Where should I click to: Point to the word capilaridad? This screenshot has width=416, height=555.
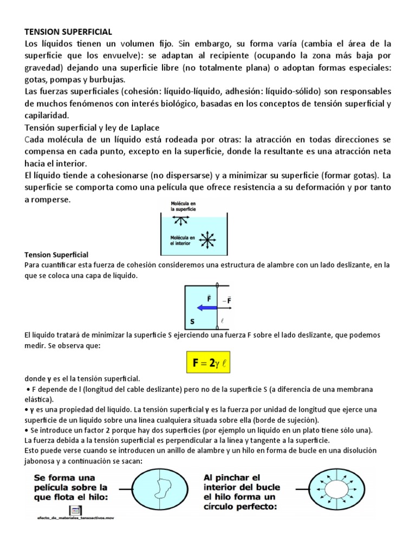pos(47,115)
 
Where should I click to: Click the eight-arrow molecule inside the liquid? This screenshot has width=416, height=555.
pos(206,238)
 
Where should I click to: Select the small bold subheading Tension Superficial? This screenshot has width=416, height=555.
pos(56,254)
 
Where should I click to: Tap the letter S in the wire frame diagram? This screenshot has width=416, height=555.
pos(192,321)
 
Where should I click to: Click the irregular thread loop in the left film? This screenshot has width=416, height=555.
pos(161,493)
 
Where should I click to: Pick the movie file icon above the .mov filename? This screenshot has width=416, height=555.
pos(75,510)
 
